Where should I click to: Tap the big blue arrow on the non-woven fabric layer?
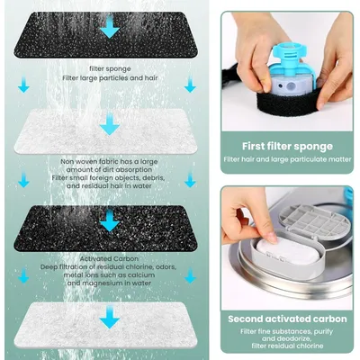click(109, 124)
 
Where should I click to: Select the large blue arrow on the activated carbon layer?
click(109, 220)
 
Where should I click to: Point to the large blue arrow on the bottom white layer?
click(109, 317)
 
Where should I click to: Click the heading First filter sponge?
click(288, 146)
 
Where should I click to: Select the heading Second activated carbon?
click(288, 318)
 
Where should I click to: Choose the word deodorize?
click(300, 340)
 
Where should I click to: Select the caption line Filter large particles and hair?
click(109, 76)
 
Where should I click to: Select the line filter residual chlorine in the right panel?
click(288, 349)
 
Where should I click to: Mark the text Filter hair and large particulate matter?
click(288, 160)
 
